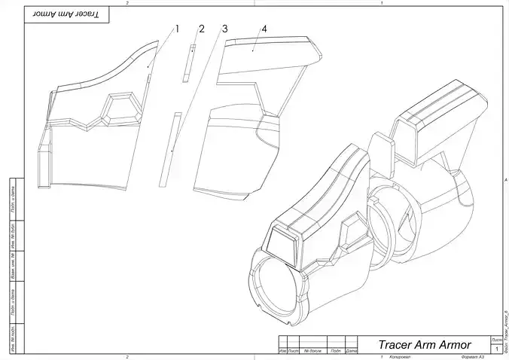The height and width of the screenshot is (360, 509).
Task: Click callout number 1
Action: [x=178, y=29]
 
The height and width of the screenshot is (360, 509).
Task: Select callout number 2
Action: [x=201, y=29]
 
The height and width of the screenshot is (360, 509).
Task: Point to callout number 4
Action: [x=264, y=29]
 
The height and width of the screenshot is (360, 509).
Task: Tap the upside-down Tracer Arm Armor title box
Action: [x=67, y=15]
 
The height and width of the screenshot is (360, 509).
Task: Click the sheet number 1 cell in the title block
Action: [x=496, y=349]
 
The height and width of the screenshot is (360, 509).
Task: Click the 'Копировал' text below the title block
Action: [x=400, y=356]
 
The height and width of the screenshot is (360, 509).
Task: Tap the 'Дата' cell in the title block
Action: [x=351, y=350]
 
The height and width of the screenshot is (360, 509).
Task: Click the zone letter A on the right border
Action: [x=504, y=180]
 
